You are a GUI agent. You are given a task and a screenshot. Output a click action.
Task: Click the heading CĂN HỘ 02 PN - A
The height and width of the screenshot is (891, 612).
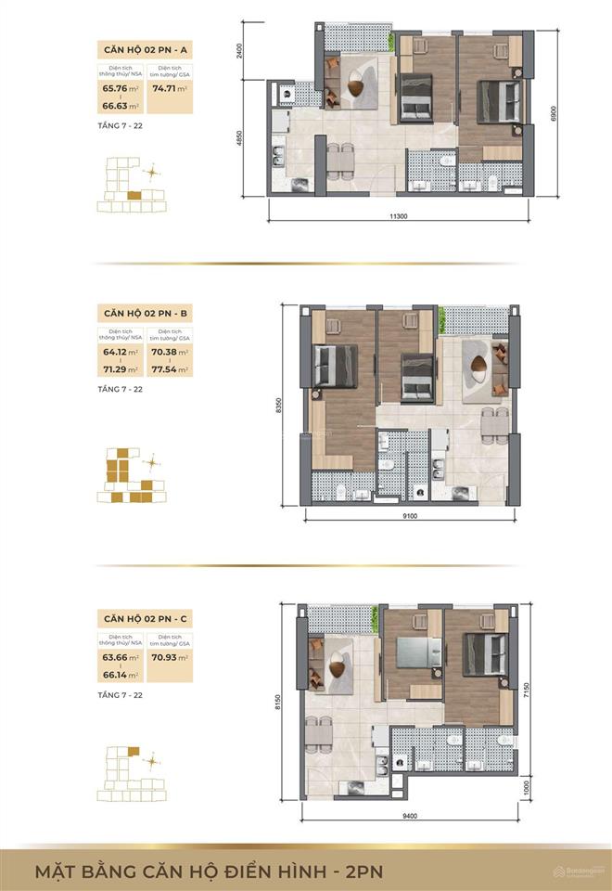pyautogui.click(x=145, y=50)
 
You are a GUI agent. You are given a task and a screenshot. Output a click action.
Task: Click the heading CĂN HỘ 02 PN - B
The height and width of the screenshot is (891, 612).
pyautogui.click(x=145, y=314)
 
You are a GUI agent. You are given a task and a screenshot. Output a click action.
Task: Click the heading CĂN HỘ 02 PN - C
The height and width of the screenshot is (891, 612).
pyautogui.click(x=145, y=617)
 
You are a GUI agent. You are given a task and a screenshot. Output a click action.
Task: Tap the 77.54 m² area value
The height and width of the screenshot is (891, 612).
pyautogui.click(x=170, y=368)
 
